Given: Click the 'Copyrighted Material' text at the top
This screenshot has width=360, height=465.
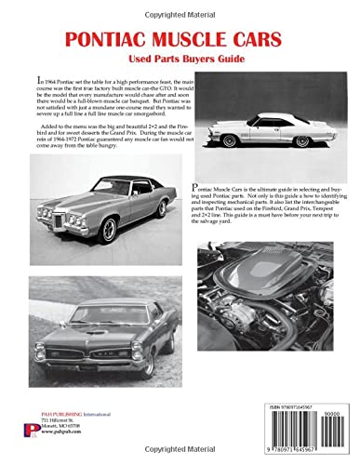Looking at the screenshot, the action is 180,7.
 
